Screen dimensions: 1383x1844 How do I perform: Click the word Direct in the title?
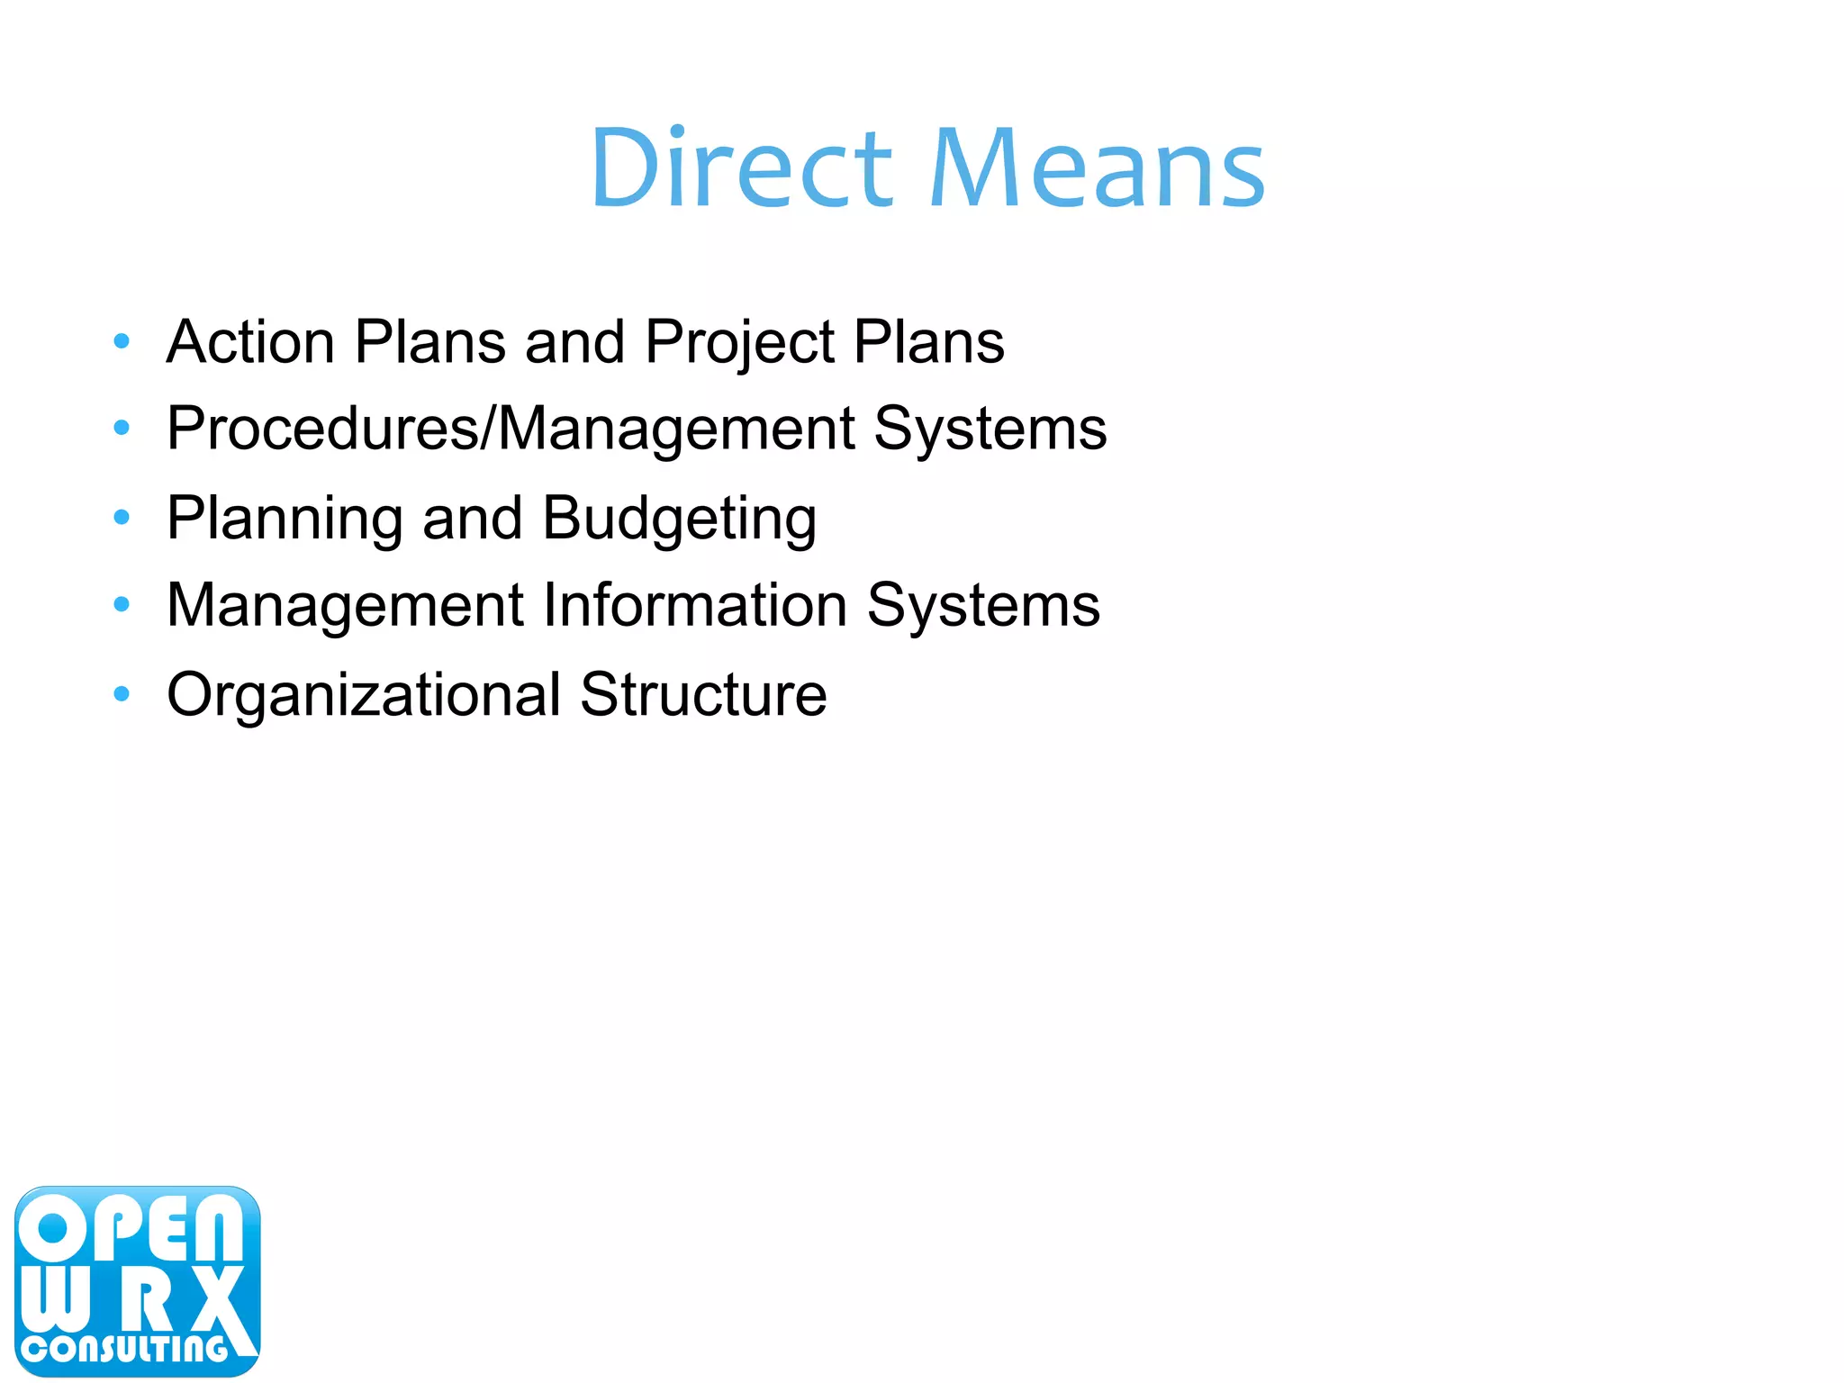pyautogui.click(x=741, y=168)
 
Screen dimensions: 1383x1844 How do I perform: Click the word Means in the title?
pyautogui.click(x=1097, y=168)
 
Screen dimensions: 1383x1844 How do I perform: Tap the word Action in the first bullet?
pyautogui.click(x=250, y=342)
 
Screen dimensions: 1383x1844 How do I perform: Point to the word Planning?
pyautogui.click(x=284, y=520)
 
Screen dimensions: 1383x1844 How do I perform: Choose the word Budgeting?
pyautogui.click(x=680, y=520)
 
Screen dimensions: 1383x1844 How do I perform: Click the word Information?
pyautogui.click(x=696, y=604)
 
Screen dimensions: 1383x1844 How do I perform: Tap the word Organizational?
pyautogui.click(x=364, y=696)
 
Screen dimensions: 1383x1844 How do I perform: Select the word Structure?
pyautogui.click(x=703, y=694)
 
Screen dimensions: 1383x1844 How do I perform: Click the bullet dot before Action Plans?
pyautogui.click(x=122, y=341)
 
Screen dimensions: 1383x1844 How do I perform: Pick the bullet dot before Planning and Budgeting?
pyautogui.click(x=122, y=517)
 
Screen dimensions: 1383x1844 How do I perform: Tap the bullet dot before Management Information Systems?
pyautogui.click(x=122, y=604)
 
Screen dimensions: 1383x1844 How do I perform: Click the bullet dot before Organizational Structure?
pyautogui.click(x=122, y=693)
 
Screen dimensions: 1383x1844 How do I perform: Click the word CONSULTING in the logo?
pyautogui.click(x=126, y=1348)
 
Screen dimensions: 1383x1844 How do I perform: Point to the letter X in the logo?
pyautogui.click(x=214, y=1299)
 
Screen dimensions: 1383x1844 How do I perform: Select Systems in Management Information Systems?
pyautogui.click(x=983, y=604)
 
